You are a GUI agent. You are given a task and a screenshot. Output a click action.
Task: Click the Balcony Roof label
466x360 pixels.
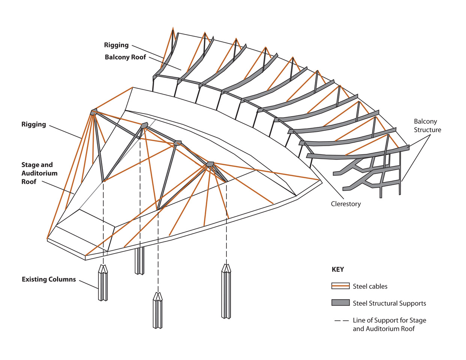point(125,57)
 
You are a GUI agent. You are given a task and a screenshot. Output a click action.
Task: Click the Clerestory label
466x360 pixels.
point(346,204)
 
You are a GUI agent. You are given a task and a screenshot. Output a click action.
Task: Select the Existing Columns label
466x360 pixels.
point(49,279)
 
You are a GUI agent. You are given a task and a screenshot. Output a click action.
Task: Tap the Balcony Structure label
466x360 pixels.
point(427,125)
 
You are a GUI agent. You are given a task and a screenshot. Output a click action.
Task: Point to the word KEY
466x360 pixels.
point(338,269)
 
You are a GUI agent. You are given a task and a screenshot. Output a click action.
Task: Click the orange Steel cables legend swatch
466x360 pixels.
point(340,286)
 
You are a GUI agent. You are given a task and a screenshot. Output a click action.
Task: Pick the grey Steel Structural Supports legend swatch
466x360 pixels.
point(340,303)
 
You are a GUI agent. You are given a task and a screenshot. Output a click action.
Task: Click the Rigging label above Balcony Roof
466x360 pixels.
point(116,45)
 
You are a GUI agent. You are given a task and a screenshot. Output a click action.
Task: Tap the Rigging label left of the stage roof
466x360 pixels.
point(34,124)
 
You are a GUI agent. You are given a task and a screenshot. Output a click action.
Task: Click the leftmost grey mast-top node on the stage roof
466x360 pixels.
point(94,112)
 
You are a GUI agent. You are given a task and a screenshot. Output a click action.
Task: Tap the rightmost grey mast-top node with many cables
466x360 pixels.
point(210,164)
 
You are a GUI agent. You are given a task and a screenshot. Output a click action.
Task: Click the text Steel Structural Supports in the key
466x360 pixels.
point(389,303)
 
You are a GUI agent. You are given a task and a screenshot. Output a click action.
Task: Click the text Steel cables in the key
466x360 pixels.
point(370,287)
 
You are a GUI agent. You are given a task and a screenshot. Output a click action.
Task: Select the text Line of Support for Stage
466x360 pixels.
point(389,321)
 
